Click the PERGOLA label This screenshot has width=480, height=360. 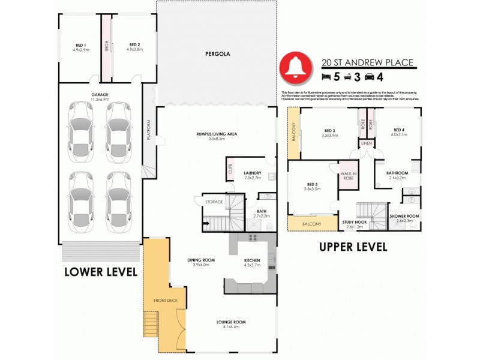pos(218,53)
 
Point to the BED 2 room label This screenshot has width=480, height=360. pos(134,44)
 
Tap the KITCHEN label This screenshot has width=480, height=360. pos(253,260)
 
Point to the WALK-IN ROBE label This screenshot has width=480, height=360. pos(349,176)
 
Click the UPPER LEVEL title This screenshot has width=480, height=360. pos(353,247)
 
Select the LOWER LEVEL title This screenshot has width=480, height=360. pos(101,272)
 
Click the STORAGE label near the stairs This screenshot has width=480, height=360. pos(214,202)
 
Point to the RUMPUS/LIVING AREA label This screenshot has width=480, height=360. pos(218,134)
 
